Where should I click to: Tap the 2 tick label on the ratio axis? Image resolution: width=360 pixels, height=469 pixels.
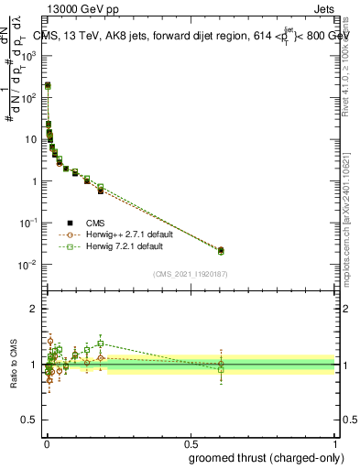33,309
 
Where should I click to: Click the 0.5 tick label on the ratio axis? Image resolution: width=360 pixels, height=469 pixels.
28,421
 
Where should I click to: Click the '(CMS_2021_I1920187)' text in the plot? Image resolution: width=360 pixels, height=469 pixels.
190,274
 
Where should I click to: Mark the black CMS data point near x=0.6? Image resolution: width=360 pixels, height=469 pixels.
220,249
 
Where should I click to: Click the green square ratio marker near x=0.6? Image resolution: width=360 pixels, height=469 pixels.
220,370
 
